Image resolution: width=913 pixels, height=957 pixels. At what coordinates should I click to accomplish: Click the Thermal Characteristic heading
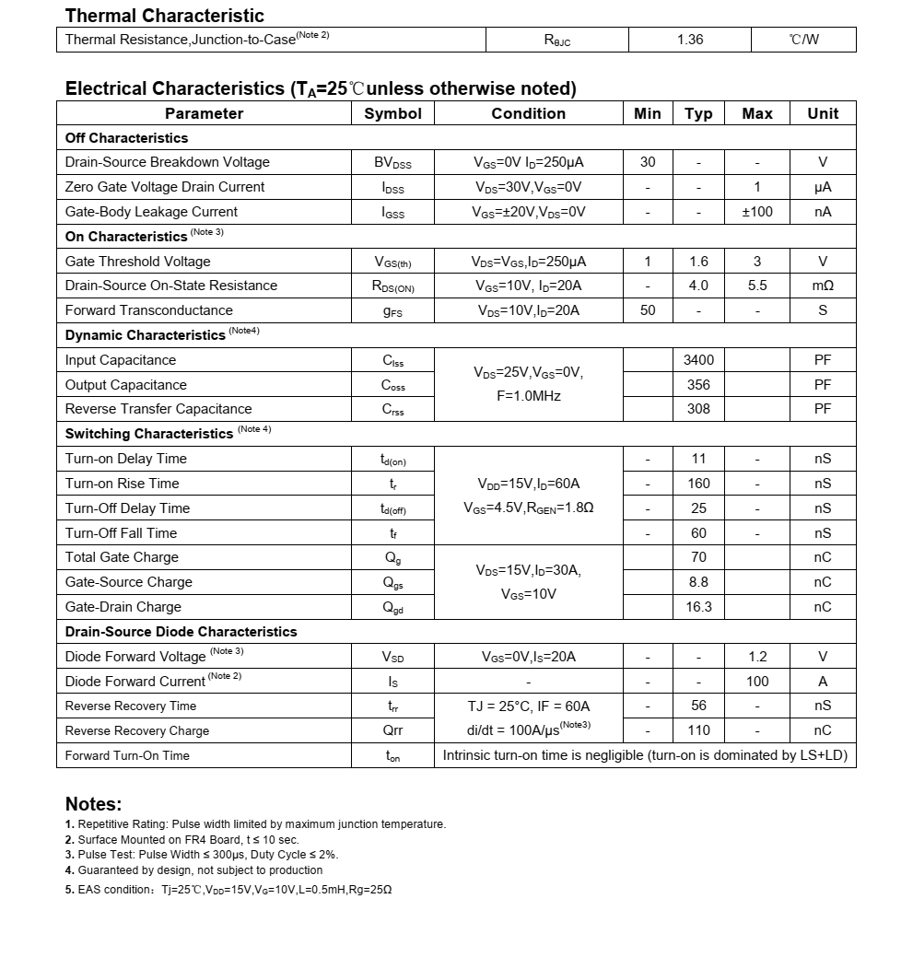coord(164,16)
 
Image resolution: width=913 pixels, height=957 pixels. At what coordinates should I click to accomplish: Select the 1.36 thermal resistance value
coord(690,40)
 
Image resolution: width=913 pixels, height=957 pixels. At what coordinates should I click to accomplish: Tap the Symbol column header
coord(392,113)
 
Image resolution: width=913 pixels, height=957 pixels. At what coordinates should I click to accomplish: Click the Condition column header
coord(528,113)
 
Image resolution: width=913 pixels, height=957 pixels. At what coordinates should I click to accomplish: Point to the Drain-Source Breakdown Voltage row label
coord(167,162)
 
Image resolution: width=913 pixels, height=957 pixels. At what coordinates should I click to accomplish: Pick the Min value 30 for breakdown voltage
coord(648,162)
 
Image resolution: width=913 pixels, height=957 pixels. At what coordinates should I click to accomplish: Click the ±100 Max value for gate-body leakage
coord(757,212)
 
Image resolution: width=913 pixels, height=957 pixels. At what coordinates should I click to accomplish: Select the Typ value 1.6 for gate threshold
coord(698,262)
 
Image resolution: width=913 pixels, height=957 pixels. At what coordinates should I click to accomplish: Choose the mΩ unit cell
coord(823,286)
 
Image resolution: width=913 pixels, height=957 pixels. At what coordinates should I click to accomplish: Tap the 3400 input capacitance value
coord(698,360)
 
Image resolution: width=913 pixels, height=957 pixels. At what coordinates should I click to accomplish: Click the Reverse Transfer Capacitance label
coord(158,409)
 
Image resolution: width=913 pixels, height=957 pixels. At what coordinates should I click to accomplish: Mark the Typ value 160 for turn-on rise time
coord(698,484)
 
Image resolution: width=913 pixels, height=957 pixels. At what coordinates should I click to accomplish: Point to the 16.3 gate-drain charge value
coord(698,607)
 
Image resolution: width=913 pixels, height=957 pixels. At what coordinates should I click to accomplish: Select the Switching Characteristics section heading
coord(149,434)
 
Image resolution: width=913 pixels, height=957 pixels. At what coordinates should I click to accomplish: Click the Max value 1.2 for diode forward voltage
coord(757,657)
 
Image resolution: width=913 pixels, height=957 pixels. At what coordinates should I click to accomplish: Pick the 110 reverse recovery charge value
coord(698,730)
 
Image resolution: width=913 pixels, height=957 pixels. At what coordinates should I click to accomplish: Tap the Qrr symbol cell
coord(392,730)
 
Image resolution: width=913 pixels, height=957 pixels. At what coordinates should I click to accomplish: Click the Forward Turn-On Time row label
coord(127,755)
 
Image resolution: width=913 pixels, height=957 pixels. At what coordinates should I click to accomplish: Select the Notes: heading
coord(93,804)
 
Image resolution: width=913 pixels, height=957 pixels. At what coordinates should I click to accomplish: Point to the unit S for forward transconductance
coord(823,310)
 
